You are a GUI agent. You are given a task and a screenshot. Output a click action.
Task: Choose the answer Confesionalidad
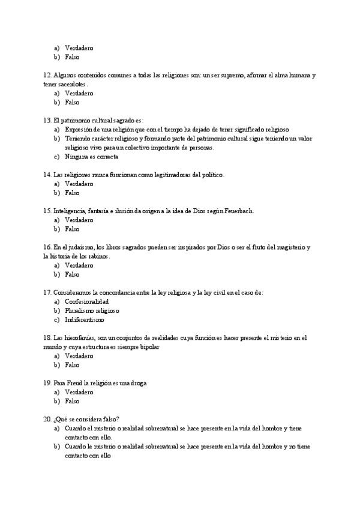86,301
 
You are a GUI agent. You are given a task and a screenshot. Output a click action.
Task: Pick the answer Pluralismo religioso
92,310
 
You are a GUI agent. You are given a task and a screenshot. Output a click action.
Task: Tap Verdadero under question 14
79,184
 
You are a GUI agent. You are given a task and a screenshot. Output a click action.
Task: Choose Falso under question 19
72,400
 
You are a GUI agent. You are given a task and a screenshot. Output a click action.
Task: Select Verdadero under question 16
79,265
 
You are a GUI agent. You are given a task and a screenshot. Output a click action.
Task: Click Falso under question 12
72,102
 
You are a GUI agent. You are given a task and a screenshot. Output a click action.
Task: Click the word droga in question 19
138,382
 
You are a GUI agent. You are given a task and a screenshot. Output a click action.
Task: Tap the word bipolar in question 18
149,346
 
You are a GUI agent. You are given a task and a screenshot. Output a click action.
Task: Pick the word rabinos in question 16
97,256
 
